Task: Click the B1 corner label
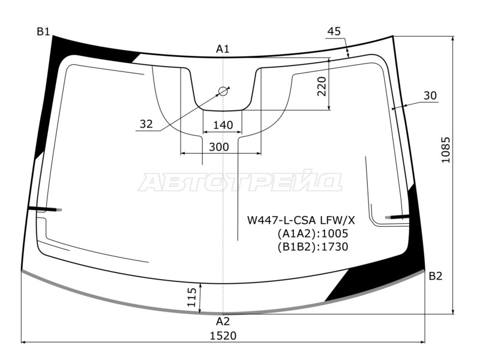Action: [43, 32]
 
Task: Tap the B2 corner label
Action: [436, 276]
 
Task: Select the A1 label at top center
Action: [223, 49]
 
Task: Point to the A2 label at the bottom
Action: [223, 321]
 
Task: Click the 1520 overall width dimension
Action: [223, 336]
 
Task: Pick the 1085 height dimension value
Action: [446, 149]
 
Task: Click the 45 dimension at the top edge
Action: [334, 31]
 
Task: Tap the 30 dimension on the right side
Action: [430, 95]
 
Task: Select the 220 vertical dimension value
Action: [322, 86]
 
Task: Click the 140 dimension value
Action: [223, 125]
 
